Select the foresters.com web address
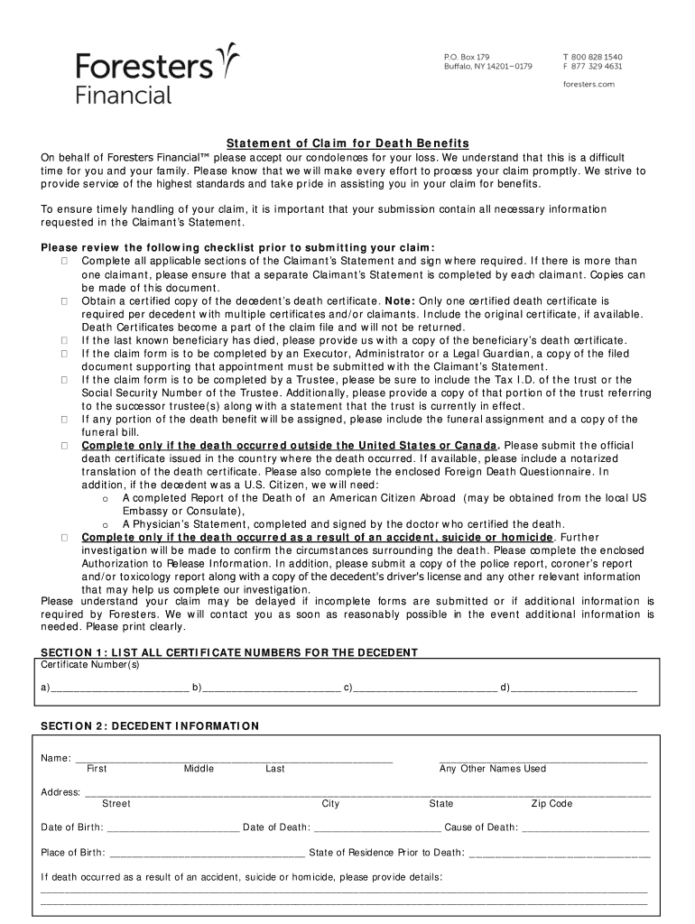click(x=588, y=83)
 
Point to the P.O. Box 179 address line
click(x=467, y=56)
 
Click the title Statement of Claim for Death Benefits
click(x=347, y=143)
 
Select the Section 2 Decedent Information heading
click(x=150, y=725)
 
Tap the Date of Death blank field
click(x=377, y=828)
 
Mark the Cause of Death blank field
click(x=586, y=828)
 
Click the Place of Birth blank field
click(x=207, y=854)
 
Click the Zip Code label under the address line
click(x=551, y=803)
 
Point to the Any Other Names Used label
click(x=493, y=769)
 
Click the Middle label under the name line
click(x=199, y=769)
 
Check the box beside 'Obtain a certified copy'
click(x=66, y=300)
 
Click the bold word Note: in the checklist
click(x=401, y=300)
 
